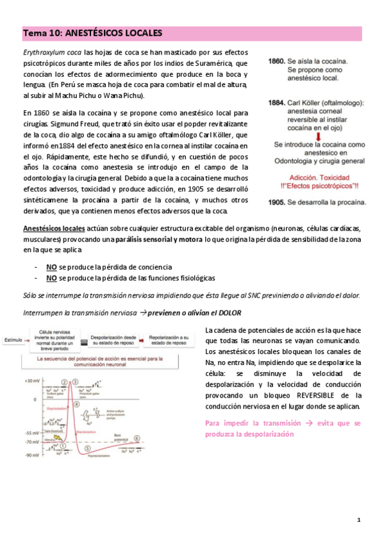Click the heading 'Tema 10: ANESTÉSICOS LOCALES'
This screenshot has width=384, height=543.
click(93, 33)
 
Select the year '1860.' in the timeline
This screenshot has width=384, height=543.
click(276, 61)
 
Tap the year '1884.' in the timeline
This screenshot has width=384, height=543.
click(276, 102)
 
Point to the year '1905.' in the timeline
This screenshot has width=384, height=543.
click(276, 202)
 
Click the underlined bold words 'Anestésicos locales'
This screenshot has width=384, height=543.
click(53, 229)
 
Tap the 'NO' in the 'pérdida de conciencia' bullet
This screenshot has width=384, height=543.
click(51, 266)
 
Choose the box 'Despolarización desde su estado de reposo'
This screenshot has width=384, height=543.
click(113, 339)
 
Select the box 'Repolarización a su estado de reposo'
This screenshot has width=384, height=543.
click(169, 339)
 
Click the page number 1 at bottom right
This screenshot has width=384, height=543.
click(359, 519)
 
